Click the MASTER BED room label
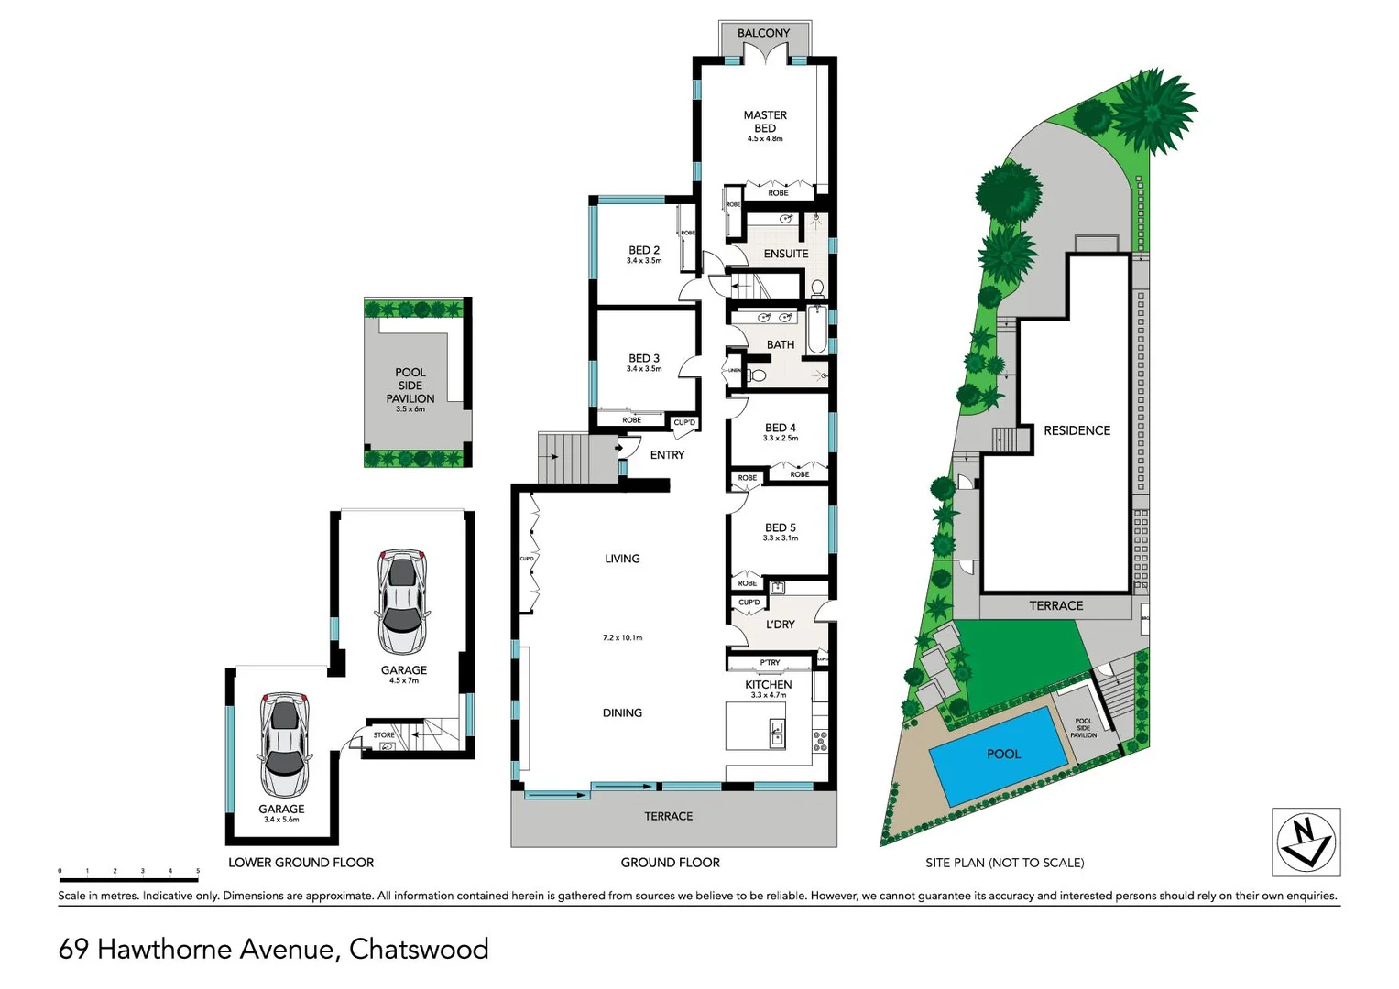(765, 121)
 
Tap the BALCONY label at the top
(763, 33)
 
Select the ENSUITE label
(786, 254)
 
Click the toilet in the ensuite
(817, 289)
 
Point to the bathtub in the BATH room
(816, 331)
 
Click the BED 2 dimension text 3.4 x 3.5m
(644, 261)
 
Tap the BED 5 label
(780, 527)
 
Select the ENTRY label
(667, 455)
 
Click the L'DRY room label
(780, 625)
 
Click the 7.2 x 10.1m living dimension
(622, 637)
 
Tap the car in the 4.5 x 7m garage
(401, 601)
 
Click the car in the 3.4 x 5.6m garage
(283, 744)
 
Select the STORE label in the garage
(384, 734)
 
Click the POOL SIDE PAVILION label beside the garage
(410, 386)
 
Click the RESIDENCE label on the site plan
(1077, 430)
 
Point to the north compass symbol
(1306, 842)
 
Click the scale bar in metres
(128, 879)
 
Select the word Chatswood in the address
(419, 949)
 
